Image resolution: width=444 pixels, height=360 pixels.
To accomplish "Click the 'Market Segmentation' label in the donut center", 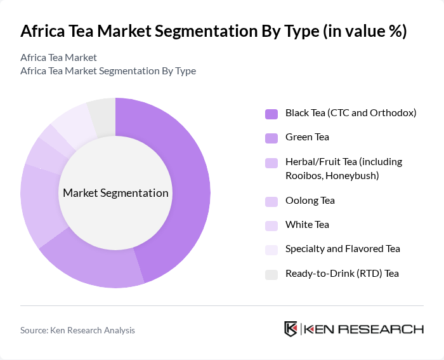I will pos(115,193).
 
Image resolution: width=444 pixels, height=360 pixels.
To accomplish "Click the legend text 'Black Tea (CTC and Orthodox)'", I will pos(350,113).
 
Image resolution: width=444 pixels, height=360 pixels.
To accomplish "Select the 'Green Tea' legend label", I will pos(307,137).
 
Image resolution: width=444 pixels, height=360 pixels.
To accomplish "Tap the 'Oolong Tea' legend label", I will pos(310,201).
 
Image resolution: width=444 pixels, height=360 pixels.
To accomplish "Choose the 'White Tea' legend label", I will pos(307,225).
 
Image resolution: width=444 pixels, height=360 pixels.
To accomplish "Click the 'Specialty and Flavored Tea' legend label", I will pos(343,249).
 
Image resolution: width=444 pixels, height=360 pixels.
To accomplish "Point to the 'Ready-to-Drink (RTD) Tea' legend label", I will pos(342,273).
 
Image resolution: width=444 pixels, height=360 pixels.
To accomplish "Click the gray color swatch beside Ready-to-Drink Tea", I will pos(271,274).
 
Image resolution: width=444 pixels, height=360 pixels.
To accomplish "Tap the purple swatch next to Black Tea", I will pos(271,114).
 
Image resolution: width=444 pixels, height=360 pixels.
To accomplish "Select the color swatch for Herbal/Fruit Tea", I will pos(271,163).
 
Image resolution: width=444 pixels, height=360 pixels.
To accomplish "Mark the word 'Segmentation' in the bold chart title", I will pos(210,32).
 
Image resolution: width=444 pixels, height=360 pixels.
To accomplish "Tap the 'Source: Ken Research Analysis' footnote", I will pos(77,330).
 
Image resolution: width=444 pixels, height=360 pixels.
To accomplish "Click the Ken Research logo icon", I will pos(291,329).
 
